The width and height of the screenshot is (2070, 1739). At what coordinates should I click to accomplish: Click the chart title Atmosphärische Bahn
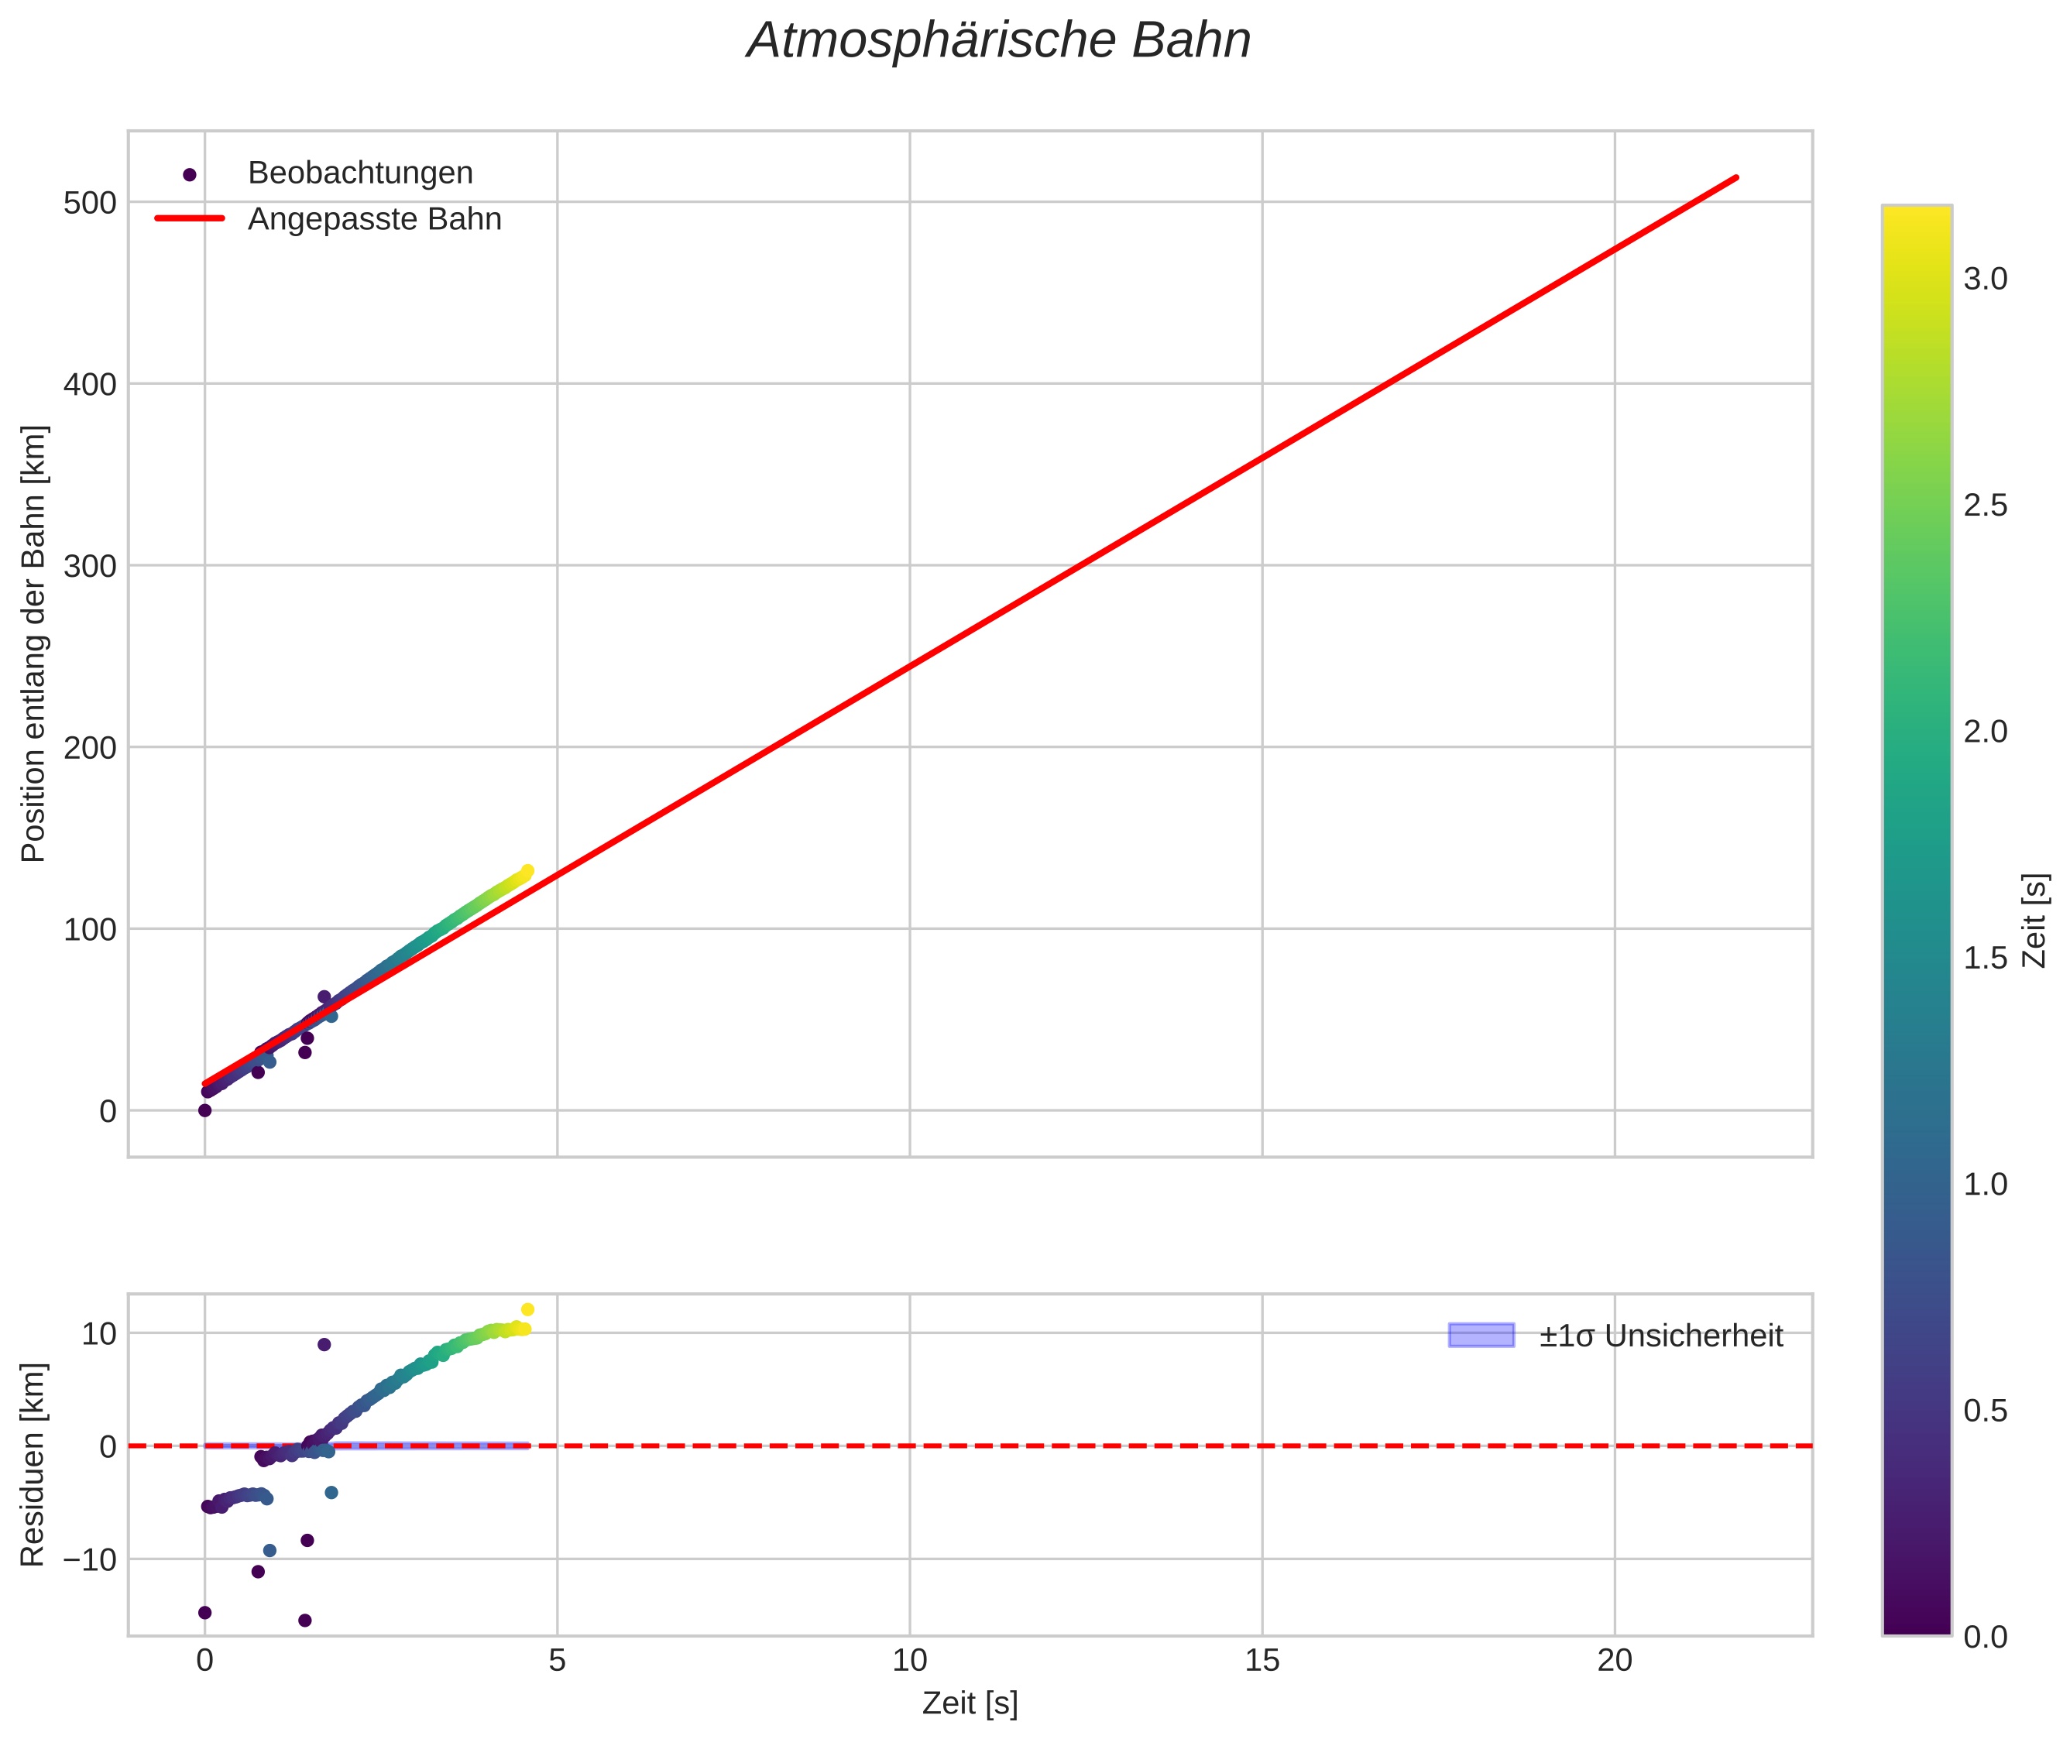coord(998,41)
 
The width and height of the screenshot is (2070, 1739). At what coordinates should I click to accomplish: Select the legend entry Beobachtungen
coord(360,173)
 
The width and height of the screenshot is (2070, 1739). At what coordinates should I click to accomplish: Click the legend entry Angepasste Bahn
coord(374,219)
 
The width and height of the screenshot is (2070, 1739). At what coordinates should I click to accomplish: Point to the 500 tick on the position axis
coord(90,203)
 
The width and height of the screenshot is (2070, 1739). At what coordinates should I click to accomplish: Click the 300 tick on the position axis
coord(90,566)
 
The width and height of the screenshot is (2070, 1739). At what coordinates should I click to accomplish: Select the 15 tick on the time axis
coord(1262,1661)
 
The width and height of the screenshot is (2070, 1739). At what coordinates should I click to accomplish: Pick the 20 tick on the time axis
coord(1615,1661)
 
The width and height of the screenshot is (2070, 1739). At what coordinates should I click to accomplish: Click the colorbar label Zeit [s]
coord(2034,921)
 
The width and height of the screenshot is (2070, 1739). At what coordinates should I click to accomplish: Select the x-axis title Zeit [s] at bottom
coord(970,1703)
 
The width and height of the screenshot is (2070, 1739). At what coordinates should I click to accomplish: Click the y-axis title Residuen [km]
coord(33,1464)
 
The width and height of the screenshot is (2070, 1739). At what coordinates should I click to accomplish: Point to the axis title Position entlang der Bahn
coord(33,643)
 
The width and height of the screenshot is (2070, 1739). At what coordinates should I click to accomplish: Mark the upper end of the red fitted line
coord(1735,177)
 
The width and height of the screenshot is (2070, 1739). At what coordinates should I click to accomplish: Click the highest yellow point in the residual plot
coord(527,1310)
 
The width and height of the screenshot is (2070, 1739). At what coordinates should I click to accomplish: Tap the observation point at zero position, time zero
coord(205,1110)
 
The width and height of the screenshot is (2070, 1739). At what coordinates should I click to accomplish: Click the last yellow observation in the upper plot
coord(527,870)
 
